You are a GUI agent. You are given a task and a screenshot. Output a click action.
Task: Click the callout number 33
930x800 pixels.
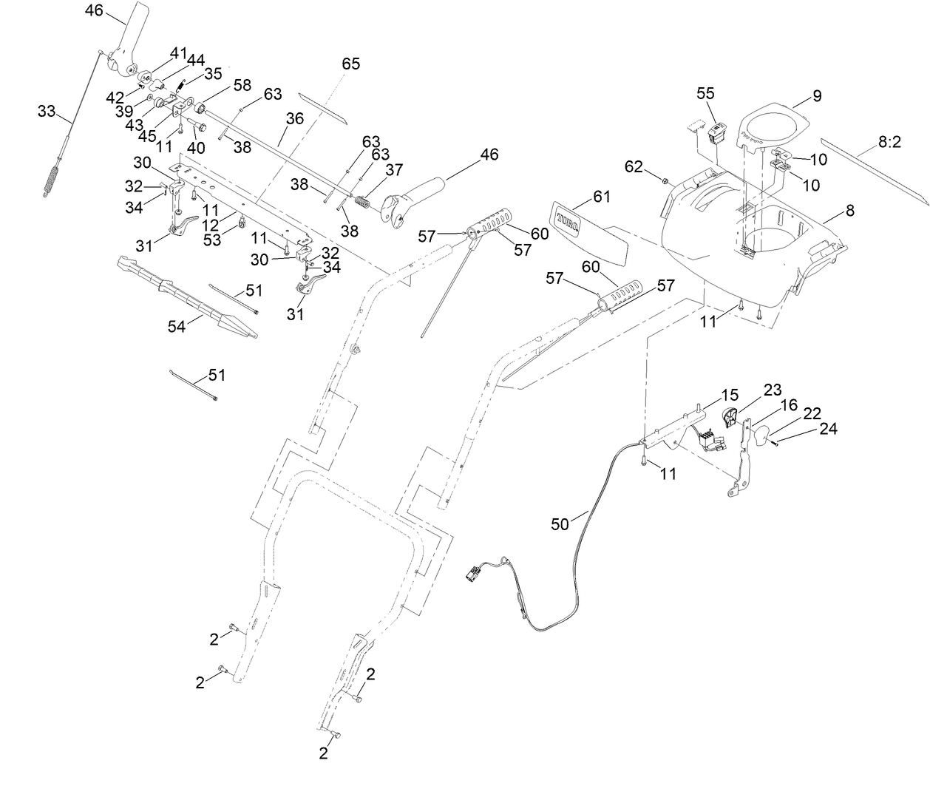pyautogui.click(x=47, y=111)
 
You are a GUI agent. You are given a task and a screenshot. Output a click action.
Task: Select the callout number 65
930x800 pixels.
pyautogui.click(x=350, y=64)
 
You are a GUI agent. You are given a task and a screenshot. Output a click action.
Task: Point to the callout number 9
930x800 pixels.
pyautogui.click(x=817, y=95)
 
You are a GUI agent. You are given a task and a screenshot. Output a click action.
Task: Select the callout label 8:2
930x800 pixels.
pyautogui.click(x=889, y=143)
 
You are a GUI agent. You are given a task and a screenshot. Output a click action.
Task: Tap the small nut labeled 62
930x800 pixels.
pyautogui.click(x=664, y=180)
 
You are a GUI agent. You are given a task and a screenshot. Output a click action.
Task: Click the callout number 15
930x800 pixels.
pyautogui.click(x=730, y=396)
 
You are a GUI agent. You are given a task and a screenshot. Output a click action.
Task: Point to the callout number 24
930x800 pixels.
pyautogui.click(x=827, y=428)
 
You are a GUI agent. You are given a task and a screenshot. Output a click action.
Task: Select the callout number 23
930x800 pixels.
pyautogui.click(x=772, y=390)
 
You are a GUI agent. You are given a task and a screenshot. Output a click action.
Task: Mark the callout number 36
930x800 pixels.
pyautogui.click(x=294, y=118)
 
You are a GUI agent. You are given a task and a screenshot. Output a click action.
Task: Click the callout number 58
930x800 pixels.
pyautogui.click(x=242, y=87)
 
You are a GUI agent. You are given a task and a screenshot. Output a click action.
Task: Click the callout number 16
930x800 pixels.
pyautogui.click(x=789, y=404)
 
